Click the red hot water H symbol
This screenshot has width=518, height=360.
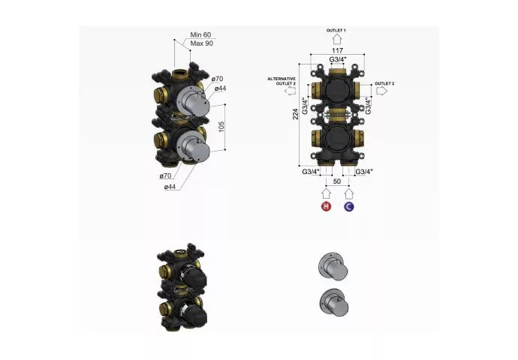tap(326, 206)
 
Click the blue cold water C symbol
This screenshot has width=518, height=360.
tap(349, 206)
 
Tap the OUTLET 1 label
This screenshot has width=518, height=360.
tap(336, 30)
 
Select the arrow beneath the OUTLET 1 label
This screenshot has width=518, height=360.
tap(336, 39)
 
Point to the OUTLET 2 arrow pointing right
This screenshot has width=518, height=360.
tap(381, 91)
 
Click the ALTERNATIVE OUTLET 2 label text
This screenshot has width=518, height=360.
tap(282, 81)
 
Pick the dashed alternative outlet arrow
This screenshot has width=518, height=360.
tap(291, 91)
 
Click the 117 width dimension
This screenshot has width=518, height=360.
tap(337, 50)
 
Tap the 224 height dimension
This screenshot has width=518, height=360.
tap(295, 114)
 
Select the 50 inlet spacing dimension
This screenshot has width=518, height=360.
tap(337, 181)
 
